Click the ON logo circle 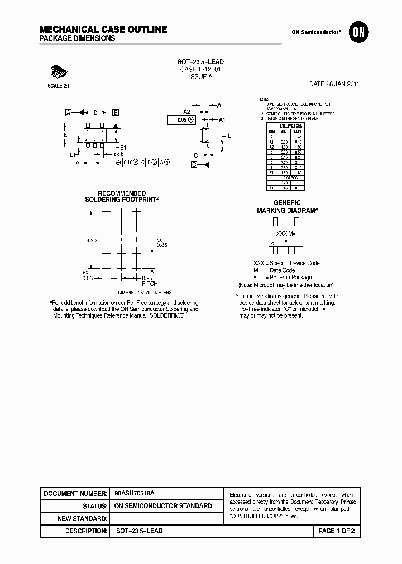[357, 33]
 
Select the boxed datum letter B [116, 113]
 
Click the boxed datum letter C [194, 164]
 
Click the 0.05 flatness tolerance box [181, 120]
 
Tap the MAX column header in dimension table [297, 132]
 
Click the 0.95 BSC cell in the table [290, 178]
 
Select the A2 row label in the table [272, 146]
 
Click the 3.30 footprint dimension [92, 240]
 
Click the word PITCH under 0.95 [149, 284]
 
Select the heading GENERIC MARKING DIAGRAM [287, 207]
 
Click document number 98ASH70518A [135, 494]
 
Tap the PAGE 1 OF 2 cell [336, 531]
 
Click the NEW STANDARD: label [83, 519]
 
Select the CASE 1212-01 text [200, 70]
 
